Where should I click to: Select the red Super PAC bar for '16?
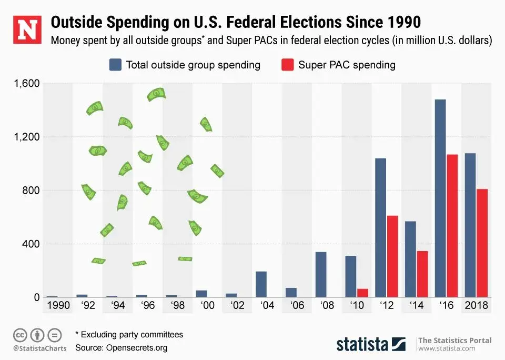pyautogui.click(x=452, y=226)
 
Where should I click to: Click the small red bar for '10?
pyautogui.click(x=362, y=293)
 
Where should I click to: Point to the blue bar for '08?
pyautogui.click(x=321, y=275)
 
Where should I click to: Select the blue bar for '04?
pyautogui.click(x=261, y=284)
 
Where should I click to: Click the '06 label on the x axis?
pyautogui.click(x=297, y=306)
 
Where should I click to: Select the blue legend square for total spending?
pyautogui.click(x=115, y=65)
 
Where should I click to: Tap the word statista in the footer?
pyautogui.click(x=362, y=345)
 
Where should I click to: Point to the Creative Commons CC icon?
pyautogui.click(x=20, y=335)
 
